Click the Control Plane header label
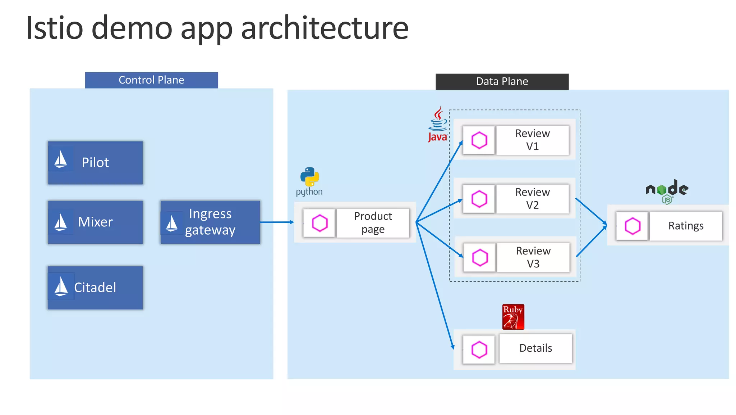point(151,80)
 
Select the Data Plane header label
point(502,81)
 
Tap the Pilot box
point(95,163)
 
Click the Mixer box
point(95,222)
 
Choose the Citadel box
point(95,288)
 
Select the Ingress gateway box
point(210,222)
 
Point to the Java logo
point(438,124)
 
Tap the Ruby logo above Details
point(513,317)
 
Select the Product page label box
point(373,223)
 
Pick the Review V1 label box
point(533,140)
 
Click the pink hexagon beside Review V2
point(479,199)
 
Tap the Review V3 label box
point(533,257)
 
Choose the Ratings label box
point(686,226)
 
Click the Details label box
point(535,348)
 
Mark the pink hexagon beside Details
point(479,349)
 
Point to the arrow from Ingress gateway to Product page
point(277,222)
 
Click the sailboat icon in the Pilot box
point(60,159)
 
